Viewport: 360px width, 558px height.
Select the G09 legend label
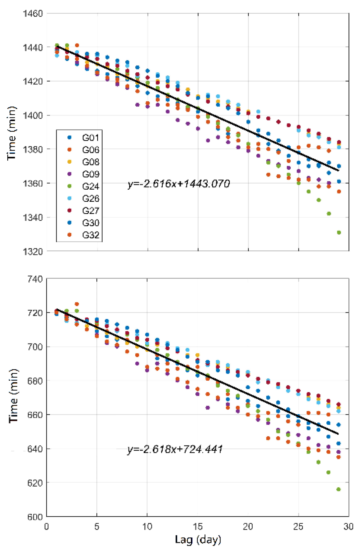[90, 174]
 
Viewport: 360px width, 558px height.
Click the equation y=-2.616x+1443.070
[179, 184]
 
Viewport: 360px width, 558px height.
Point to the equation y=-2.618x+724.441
[175, 449]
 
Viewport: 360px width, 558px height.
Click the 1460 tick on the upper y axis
[33, 13]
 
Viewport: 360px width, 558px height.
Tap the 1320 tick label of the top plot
[33, 251]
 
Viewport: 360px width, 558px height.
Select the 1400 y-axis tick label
[33, 115]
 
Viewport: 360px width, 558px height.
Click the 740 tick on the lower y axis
[35, 279]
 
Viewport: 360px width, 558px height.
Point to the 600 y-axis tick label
[35, 517]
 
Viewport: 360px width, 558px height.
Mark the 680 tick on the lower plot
[35, 381]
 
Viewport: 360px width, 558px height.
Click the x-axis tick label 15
[198, 527]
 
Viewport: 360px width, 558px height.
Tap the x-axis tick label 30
[348, 527]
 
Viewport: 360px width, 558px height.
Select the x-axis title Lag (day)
[198, 540]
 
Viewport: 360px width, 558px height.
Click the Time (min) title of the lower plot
[13, 396]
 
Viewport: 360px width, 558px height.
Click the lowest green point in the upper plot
[339, 232]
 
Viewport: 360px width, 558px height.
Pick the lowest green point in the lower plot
[338, 489]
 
